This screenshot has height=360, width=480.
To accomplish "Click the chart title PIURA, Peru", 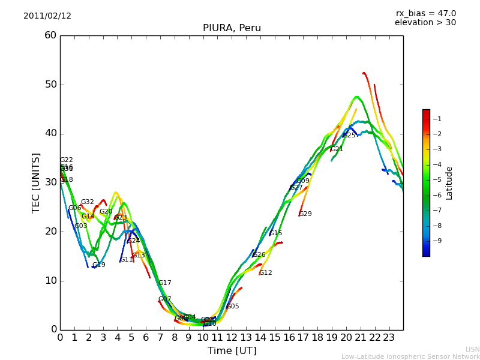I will pyautogui.click(x=232, y=28).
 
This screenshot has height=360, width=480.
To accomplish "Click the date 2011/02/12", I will pyautogui.click(x=47, y=16).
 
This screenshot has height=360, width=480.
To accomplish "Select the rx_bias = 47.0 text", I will pyautogui.click(x=425, y=14).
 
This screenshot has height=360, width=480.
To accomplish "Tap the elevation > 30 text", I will pyautogui.click(x=425, y=23).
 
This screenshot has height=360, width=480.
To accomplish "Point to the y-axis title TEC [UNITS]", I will pyautogui.click(x=36, y=182).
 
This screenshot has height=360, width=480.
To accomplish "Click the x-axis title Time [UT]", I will pyautogui.click(x=232, y=351).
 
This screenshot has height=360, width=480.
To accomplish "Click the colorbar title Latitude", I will pyautogui.click(x=449, y=183).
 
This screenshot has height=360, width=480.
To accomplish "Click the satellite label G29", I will pyautogui.click(x=305, y=214).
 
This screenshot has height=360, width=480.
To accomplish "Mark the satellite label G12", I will pyautogui.click(x=266, y=273).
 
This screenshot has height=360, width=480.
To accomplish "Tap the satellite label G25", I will pyautogui.click(x=349, y=136).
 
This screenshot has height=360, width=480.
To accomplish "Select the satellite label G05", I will pyautogui.click(x=233, y=307).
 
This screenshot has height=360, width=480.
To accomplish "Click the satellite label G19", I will pyautogui.click(x=99, y=265).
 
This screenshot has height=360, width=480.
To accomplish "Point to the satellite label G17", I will pyautogui.click(x=165, y=283).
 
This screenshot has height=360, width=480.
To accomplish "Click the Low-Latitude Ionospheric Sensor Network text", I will pyautogui.click(x=410, y=357).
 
